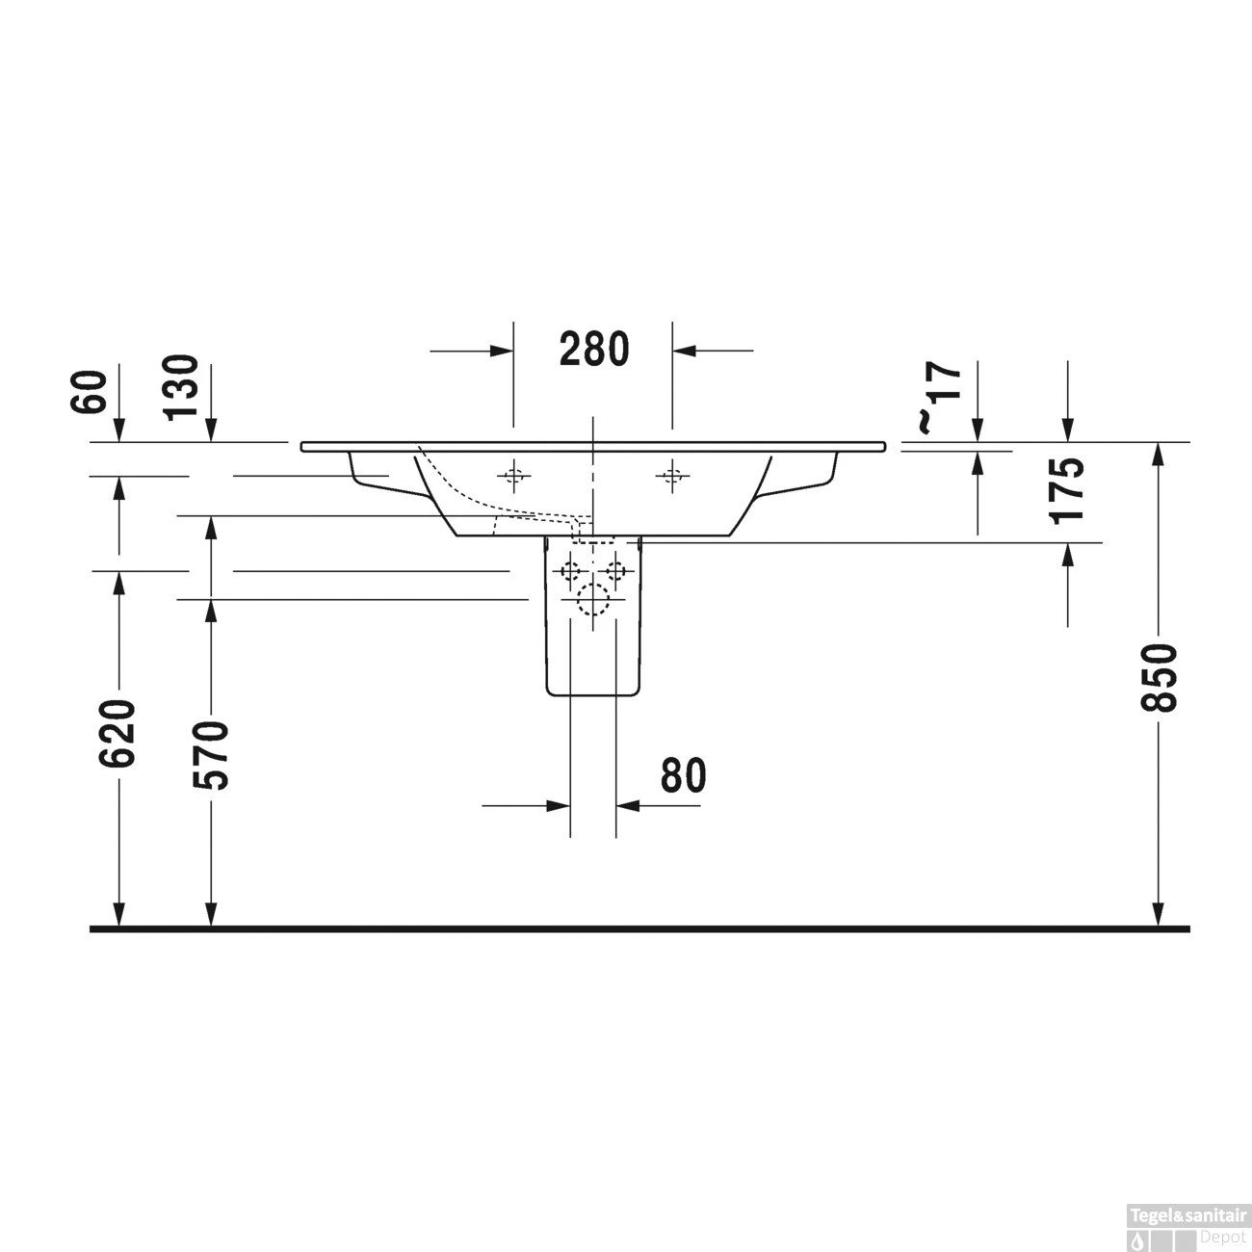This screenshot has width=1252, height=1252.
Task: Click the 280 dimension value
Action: click(593, 349)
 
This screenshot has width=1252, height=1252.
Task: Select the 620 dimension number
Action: click(118, 734)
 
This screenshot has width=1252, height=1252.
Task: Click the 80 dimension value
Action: click(683, 775)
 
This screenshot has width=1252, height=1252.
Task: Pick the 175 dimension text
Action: click(1067, 489)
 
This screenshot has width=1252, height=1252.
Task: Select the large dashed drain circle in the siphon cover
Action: click(593, 601)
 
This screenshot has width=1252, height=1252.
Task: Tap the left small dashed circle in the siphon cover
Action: click(571, 571)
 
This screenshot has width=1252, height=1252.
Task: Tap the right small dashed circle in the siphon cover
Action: click(615, 571)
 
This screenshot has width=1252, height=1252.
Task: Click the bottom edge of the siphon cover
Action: click(592, 695)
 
